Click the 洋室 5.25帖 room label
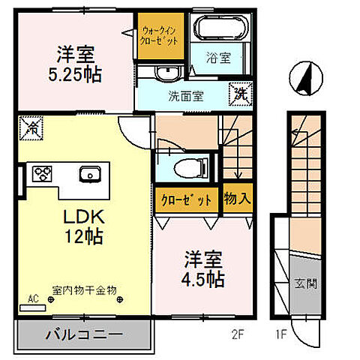pyautogui.click(x=77, y=64)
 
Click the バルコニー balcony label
pyautogui.click(x=82, y=334)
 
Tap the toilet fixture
pyautogui.click(x=185, y=167)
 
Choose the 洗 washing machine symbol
pyautogui.click(x=241, y=94)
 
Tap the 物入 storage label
pyautogui.click(x=237, y=199)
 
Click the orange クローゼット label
pyautogui.click(x=187, y=200)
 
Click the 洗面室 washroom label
pyautogui.click(x=180, y=95)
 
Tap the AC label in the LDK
pyautogui.click(x=32, y=298)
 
